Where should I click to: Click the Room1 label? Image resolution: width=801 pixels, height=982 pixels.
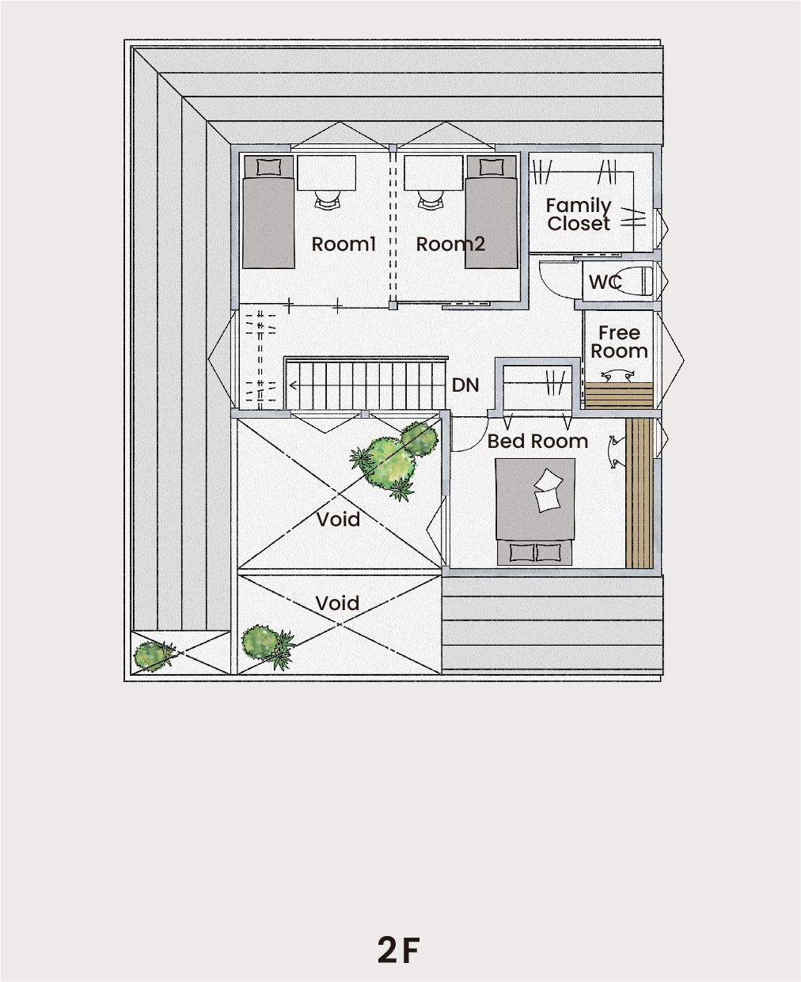tap(344, 244)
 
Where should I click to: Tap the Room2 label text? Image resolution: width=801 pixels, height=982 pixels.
tap(450, 244)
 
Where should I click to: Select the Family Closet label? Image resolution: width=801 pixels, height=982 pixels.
tap(579, 214)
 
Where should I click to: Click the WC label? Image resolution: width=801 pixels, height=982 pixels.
tap(605, 282)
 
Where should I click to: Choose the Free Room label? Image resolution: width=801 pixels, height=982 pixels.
tap(619, 342)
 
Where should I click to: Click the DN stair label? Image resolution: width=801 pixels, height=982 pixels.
tap(465, 385)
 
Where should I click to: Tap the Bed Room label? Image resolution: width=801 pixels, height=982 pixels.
tap(537, 442)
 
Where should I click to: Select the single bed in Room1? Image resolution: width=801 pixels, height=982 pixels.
tap(268, 212)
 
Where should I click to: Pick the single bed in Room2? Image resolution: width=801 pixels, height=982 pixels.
tap(492, 212)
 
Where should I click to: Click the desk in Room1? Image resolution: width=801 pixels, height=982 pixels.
tap(326, 173)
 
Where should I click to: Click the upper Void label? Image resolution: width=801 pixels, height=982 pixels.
tap(338, 519)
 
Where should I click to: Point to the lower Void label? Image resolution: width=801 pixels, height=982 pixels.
tap(338, 603)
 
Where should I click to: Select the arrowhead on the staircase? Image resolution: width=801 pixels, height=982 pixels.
tap(293, 385)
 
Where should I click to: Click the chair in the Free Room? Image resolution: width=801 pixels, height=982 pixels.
tap(617, 376)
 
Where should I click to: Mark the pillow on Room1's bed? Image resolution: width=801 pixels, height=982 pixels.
tap(268, 167)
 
